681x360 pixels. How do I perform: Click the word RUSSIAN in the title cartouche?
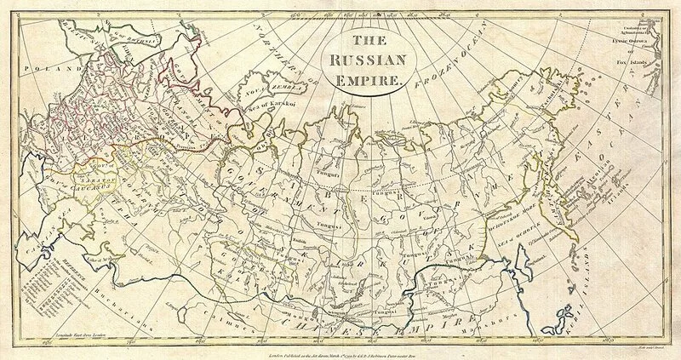click(369, 61)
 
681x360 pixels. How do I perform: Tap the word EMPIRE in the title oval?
click(369, 82)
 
